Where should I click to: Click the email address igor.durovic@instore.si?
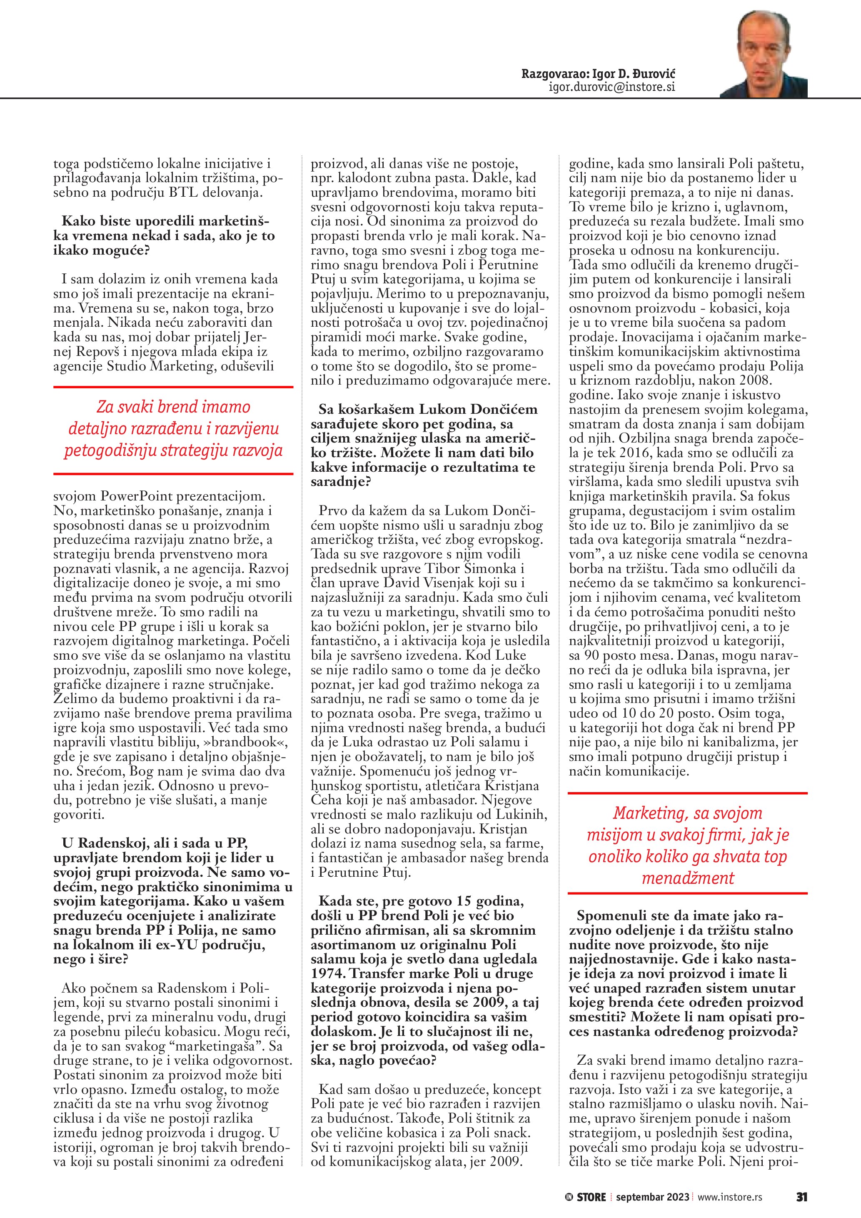[x=612, y=87]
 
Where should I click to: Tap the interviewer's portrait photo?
[x=763, y=55]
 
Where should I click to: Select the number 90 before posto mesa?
[x=591, y=655]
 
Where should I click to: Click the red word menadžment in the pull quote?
[x=688, y=878]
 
